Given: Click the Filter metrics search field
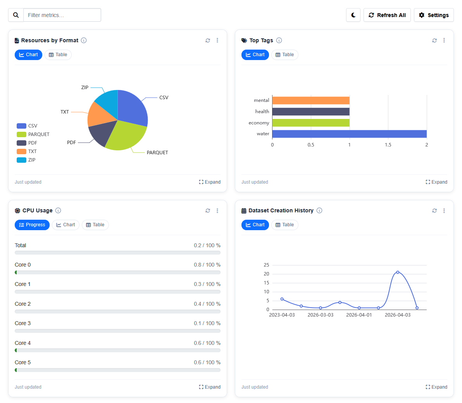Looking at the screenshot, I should tap(62, 15).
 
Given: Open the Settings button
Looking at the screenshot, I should tap(433, 15).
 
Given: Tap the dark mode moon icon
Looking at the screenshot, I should tap(353, 15).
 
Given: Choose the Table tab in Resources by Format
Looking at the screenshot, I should tap(58, 55).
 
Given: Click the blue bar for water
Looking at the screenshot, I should tap(349, 134).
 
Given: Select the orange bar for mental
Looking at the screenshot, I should tap(310, 100).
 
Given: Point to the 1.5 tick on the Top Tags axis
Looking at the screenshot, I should tap(388, 145).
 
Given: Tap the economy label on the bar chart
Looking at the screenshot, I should tap(259, 123).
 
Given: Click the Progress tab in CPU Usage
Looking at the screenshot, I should tap(32, 225).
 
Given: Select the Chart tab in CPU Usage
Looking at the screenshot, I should tap(66, 225).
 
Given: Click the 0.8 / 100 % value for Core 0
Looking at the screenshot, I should tap(207, 265).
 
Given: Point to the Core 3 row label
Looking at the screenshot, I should tap(22, 323).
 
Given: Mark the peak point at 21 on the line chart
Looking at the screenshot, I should tap(398, 272).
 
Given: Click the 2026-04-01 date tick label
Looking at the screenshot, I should tap(359, 315).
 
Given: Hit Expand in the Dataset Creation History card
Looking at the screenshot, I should tap(436, 387).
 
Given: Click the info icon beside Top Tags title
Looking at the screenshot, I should tap(279, 40).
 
